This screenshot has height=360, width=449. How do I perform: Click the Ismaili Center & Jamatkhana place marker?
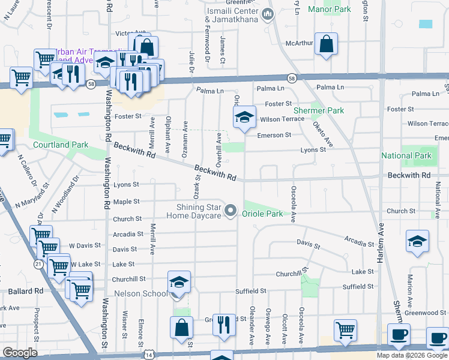[x=268, y=13]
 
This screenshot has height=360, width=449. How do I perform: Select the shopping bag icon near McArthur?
[x=326, y=44]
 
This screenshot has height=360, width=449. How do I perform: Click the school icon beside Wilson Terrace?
[x=244, y=118]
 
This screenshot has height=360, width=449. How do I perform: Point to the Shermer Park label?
[x=318, y=110]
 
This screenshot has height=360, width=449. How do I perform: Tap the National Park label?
[x=406, y=155]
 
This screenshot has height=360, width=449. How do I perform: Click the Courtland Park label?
[x=61, y=145]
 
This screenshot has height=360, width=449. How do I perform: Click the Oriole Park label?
[x=262, y=213]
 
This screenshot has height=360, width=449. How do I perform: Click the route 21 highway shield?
[x=38, y=264]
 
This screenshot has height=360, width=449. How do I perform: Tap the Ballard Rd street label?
[x=26, y=291]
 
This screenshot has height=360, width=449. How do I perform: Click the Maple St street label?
[x=126, y=202]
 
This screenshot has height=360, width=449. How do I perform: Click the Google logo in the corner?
[x=20, y=352]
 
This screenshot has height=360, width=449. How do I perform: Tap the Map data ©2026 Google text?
[x=412, y=355]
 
